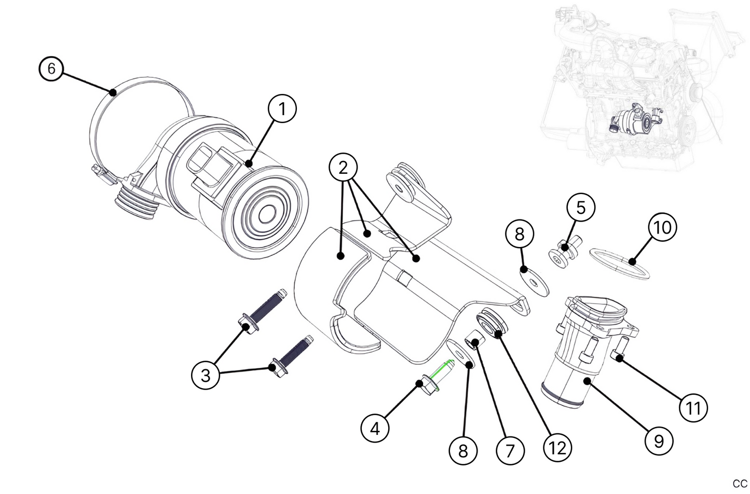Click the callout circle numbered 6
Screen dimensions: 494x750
[51, 68]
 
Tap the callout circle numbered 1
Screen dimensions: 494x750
[282, 109]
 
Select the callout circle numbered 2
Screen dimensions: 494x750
[343, 168]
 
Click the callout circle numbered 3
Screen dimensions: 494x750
[206, 375]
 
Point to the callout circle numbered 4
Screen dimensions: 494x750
[375, 428]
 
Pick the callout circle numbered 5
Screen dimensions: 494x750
[581, 208]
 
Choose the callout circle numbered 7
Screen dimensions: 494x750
[510, 450]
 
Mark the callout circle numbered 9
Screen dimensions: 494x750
[659, 441]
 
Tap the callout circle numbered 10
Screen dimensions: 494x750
[662, 227]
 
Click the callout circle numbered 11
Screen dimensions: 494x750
[693, 407]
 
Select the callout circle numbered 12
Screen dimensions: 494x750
[557, 447]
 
